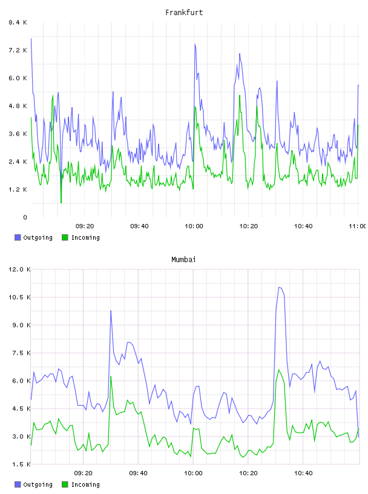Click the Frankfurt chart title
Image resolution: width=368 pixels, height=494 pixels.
pyautogui.click(x=184, y=13)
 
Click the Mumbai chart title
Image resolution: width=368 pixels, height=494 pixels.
pyautogui.click(x=183, y=260)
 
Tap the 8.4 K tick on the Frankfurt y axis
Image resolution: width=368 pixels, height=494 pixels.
pyautogui.click(x=18, y=22)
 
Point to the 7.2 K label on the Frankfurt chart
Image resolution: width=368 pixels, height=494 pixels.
pyautogui.click(x=18, y=50)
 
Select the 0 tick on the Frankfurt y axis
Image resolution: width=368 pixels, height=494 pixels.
pyautogui.click(x=25, y=217)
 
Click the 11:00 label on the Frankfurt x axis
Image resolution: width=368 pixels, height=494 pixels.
pyautogui.click(x=357, y=226)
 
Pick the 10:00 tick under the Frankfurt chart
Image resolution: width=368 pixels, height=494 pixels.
pyautogui.click(x=194, y=226)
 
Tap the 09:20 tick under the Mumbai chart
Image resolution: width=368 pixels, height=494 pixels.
pyautogui.click(x=83, y=473)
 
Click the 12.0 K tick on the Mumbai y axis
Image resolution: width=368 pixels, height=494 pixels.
pyautogui.click(x=19, y=269)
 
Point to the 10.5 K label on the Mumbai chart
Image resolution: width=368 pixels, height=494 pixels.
pyautogui.click(x=19, y=297)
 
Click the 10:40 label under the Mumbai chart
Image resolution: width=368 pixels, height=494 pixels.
pyautogui.click(x=303, y=473)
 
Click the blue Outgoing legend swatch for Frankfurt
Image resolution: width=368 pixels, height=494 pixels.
pyautogui.click(x=18, y=237)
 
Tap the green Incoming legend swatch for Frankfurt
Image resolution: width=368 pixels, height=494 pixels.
pyautogui.click(x=65, y=237)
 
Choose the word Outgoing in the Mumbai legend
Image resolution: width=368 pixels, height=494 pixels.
pyautogui.click(x=38, y=484)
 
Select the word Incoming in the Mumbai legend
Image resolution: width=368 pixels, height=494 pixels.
pyautogui.click(x=85, y=484)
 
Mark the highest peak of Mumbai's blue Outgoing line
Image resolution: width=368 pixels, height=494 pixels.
pyautogui.click(x=279, y=288)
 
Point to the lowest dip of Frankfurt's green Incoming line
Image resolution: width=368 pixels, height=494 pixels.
pyautogui.click(x=61, y=203)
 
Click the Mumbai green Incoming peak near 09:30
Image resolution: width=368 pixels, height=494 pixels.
pyautogui.click(x=111, y=377)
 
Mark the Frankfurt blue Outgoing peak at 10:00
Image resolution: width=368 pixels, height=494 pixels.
pyautogui.click(x=195, y=44)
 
